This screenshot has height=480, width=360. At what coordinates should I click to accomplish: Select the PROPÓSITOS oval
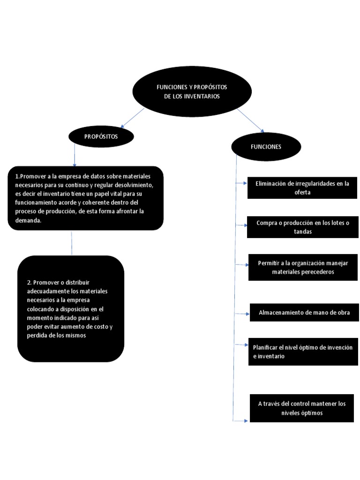(x=101, y=136)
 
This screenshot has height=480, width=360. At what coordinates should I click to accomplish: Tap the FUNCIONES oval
(x=266, y=147)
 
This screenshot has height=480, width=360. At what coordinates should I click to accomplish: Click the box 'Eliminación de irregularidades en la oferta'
(x=302, y=187)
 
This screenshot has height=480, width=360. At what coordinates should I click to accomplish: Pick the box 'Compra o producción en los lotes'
(x=303, y=227)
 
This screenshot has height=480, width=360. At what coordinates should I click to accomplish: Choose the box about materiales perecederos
(x=303, y=267)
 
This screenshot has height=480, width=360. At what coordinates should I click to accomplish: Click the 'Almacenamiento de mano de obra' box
(x=304, y=312)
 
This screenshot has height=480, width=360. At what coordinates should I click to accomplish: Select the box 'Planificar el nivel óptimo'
(x=303, y=352)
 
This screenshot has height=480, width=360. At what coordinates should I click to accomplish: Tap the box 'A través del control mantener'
(x=301, y=408)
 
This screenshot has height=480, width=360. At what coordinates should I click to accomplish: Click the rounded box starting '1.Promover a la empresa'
(x=86, y=198)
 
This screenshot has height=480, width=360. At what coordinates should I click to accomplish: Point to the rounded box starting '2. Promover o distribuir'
(x=71, y=308)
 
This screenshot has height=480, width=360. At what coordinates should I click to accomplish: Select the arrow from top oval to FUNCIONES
(x=251, y=120)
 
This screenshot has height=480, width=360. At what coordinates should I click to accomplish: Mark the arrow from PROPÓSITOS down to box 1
(x=75, y=155)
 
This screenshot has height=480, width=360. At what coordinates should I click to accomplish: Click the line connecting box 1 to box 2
(x=72, y=242)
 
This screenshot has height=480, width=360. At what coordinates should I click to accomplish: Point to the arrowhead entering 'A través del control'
(x=245, y=421)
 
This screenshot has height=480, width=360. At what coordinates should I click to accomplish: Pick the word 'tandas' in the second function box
(x=303, y=231)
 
